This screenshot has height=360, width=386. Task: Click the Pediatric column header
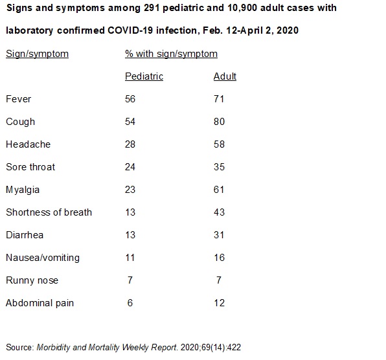tap(144, 76)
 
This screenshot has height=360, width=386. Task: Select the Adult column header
tap(225, 76)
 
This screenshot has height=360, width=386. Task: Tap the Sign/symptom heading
tap(37, 54)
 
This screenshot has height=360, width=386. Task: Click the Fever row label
tap(19, 99)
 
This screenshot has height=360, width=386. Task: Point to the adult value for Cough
tap(219, 122)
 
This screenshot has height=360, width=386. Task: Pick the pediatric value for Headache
tap(130, 144)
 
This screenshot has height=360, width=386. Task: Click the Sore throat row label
tap(30, 167)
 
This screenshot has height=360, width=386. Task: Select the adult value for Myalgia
tap(219, 190)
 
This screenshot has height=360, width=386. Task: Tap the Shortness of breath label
tap(49, 212)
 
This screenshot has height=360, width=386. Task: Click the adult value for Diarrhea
tap(219, 235)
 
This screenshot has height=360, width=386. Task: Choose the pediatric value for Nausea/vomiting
tap(130, 258)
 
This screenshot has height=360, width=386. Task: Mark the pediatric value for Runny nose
tap(130, 280)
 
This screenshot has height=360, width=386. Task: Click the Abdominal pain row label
tap(40, 303)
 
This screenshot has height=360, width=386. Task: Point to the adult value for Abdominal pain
tap(219, 303)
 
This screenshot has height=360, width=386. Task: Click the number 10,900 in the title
tap(242, 8)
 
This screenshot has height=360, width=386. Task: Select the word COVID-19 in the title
tap(130, 30)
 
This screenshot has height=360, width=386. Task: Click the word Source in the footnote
tap(19, 348)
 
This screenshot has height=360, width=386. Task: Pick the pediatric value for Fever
tap(130, 99)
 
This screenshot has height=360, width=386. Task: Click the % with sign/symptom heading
tap(171, 54)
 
